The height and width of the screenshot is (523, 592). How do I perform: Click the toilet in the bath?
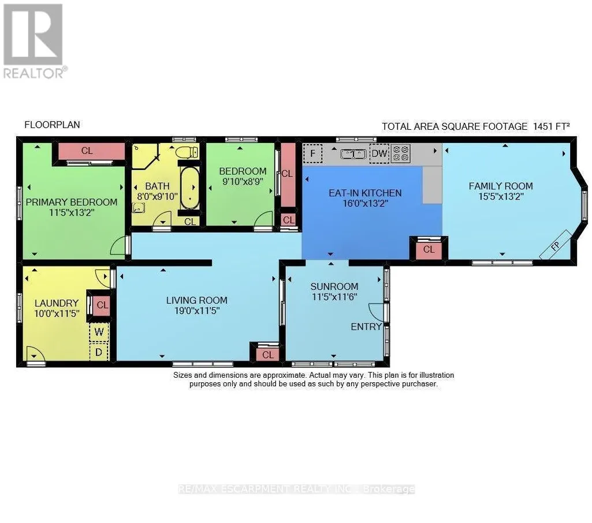tap(187, 152)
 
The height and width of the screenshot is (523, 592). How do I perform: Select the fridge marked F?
tap(313, 153)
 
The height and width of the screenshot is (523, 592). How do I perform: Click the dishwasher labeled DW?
tap(379, 153)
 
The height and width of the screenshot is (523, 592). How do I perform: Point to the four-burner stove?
tap(401, 153)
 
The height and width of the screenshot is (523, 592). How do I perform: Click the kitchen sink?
tap(353, 154)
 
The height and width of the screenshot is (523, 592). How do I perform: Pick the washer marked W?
tap(99, 332)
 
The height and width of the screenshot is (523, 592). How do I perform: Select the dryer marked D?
tap(99, 352)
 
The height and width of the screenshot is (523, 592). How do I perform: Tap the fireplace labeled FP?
tap(555, 245)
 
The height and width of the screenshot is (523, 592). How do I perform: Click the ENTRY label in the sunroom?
tap(366, 326)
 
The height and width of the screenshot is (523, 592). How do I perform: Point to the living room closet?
tap(267, 355)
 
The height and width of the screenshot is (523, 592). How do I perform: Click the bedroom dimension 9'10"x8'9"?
tap(243, 182)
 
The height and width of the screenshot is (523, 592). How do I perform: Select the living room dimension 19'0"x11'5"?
tap(197, 311)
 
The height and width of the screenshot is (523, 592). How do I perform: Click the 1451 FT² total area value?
tap(551, 126)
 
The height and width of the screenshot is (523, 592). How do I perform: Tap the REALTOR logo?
tap(33, 41)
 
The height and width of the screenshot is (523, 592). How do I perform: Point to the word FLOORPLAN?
tap(52, 125)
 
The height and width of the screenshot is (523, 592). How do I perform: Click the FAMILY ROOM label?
tap(501, 186)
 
